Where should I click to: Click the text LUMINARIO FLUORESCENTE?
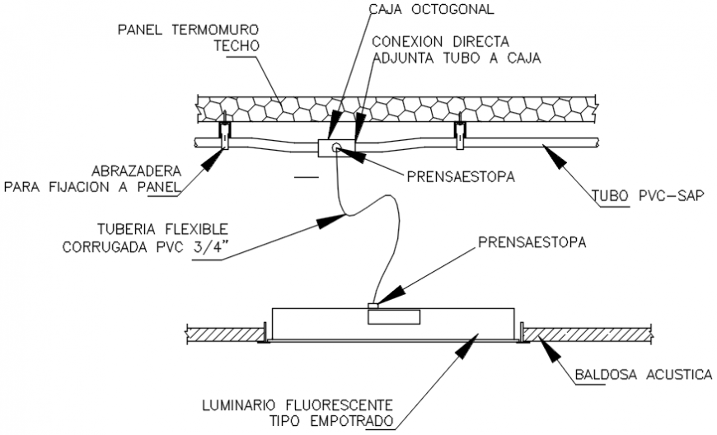pyautogui.click(x=296, y=406)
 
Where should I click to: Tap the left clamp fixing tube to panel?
pyautogui.click(x=223, y=133)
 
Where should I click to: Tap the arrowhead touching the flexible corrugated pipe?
pyautogui.click(x=337, y=219)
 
